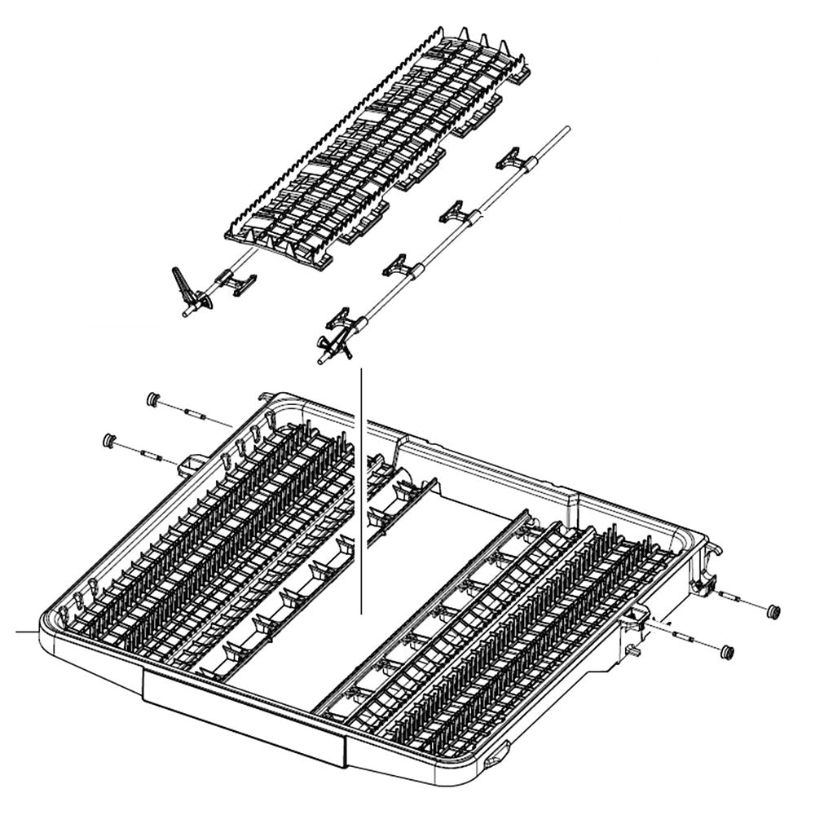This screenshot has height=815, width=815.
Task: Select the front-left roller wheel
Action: [107, 441]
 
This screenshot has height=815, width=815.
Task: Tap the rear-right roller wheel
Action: [773, 610]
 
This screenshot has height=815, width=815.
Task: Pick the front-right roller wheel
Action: [727, 651]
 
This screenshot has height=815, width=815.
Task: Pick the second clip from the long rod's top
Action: [456, 214]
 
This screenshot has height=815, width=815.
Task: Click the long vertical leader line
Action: [360, 489]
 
